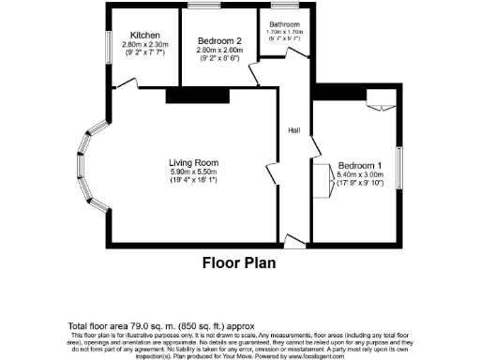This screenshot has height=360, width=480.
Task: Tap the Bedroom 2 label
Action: tap(218, 40)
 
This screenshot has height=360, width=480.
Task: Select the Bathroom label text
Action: tap(284, 24)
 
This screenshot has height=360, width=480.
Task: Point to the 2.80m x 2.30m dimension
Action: tap(144, 44)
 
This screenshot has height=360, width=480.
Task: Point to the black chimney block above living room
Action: tap(197, 95)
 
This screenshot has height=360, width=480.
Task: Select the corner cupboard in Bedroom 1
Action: tap(379, 97)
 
